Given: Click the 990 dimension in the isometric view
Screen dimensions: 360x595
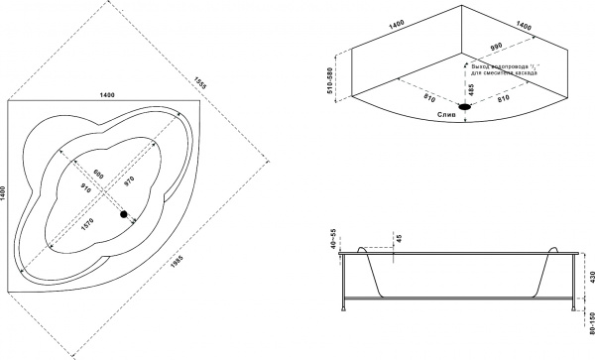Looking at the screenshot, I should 500,47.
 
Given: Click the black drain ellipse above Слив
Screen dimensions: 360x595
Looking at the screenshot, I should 466,106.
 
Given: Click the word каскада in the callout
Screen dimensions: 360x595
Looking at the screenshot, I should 529,74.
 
